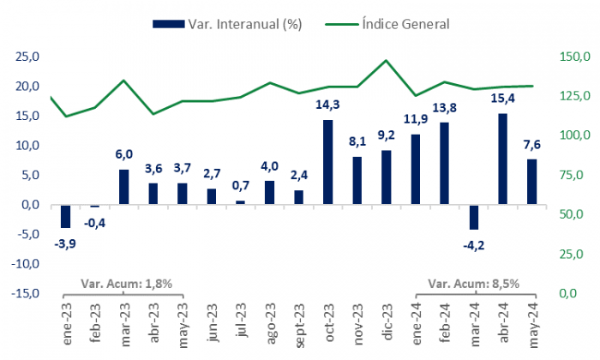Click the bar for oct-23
pos(328,162)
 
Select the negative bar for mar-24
pos(474,217)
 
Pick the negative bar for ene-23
pos(65,216)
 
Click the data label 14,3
pos(328,105)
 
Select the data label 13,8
pos(445,108)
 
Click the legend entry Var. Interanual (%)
pos(227,23)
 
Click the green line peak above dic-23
pos(386,61)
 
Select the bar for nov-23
pos(357,180)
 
